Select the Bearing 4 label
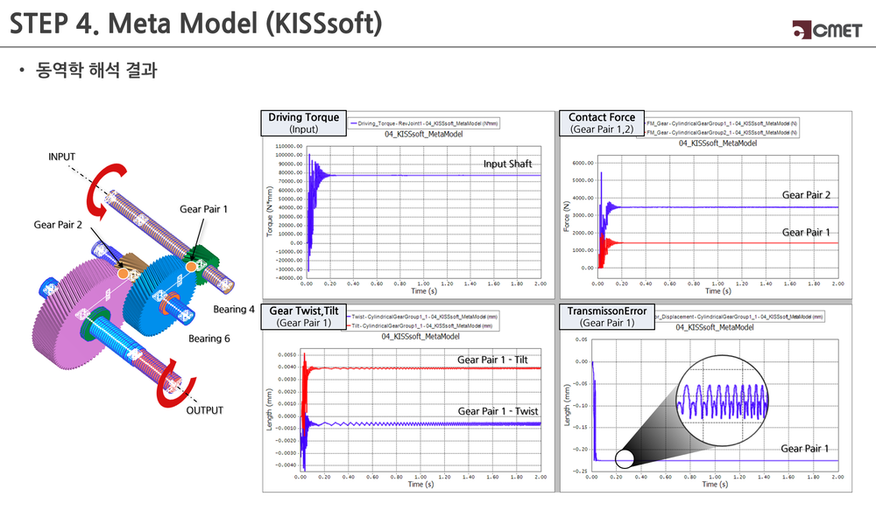pos(234,309)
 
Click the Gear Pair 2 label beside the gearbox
pos(58,225)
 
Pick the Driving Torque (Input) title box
pos(303,123)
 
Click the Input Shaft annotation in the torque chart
pos(508,164)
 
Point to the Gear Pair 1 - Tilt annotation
pos(498,360)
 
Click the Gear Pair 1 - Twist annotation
pos(498,411)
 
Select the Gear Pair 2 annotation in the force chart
pos(805,194)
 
